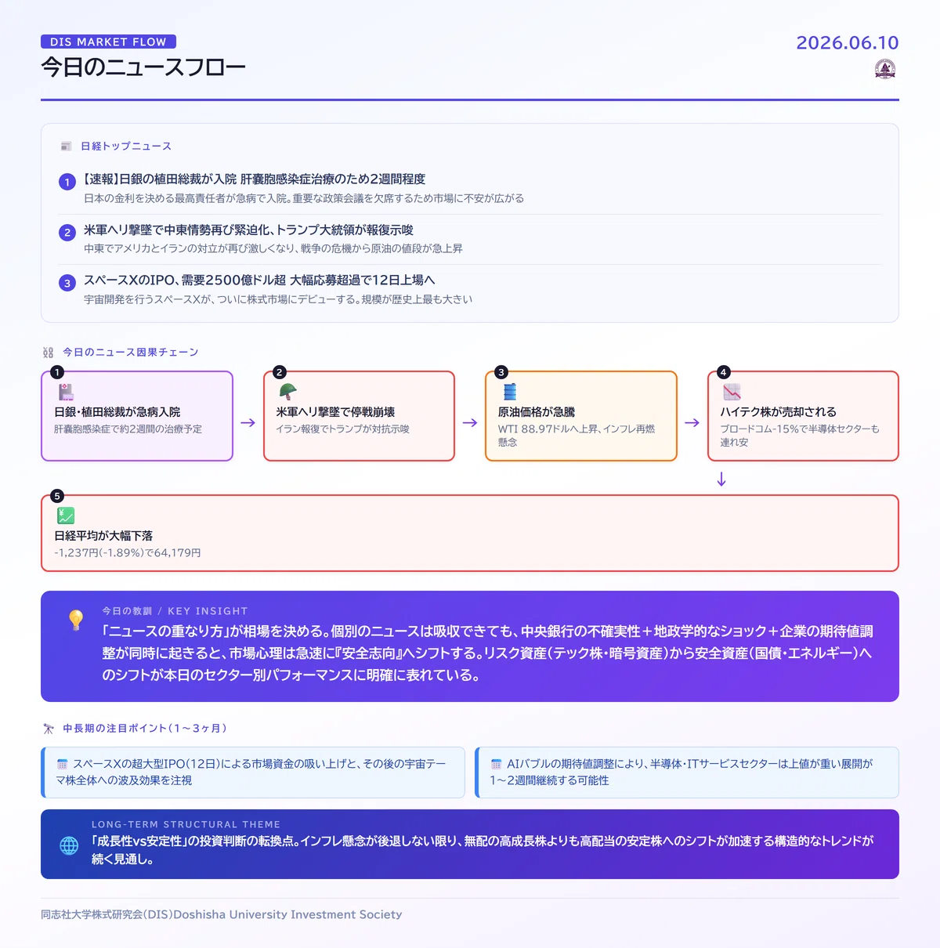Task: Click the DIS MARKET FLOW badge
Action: pos(108,42)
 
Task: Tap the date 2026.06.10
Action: pos(847,43)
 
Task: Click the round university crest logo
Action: pos(885,70)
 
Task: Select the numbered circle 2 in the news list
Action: pos(67,232)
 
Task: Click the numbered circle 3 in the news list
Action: pos(67,283)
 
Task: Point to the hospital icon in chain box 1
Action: pos(66,392)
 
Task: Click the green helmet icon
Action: pos(287,391)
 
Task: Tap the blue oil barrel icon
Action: pos(510,392)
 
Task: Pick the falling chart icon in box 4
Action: pos(732,392)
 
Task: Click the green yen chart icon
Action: pos(66,516)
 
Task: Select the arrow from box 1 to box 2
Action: pos(248,422)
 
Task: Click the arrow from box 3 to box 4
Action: pos(692,422)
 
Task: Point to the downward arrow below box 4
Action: pos(721,479)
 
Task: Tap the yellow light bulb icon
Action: pos(76,620)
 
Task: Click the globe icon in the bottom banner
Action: pos(69,845)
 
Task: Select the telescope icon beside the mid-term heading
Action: pos(49,728)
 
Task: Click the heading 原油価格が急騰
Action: pos(536,412)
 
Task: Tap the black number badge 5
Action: pos(57,496)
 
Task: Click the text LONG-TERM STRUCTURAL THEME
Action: pos(186,824)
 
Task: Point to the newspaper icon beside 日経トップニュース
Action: pos(66,146)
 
